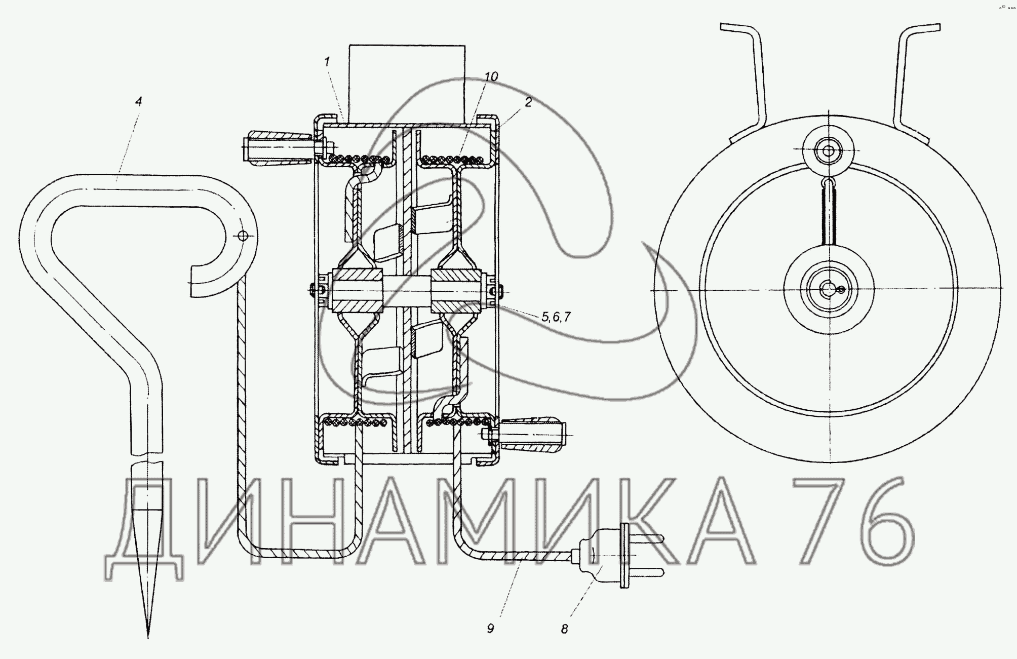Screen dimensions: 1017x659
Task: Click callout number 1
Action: point(327,62)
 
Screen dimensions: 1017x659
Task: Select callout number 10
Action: point(491,76)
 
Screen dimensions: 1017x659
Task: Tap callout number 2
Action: point(528,102)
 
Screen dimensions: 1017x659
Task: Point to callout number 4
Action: point(138,101)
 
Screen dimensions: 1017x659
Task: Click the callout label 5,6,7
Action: point(556,317)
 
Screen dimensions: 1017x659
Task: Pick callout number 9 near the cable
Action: point(490,629)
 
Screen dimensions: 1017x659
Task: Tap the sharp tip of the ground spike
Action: point(148,637)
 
